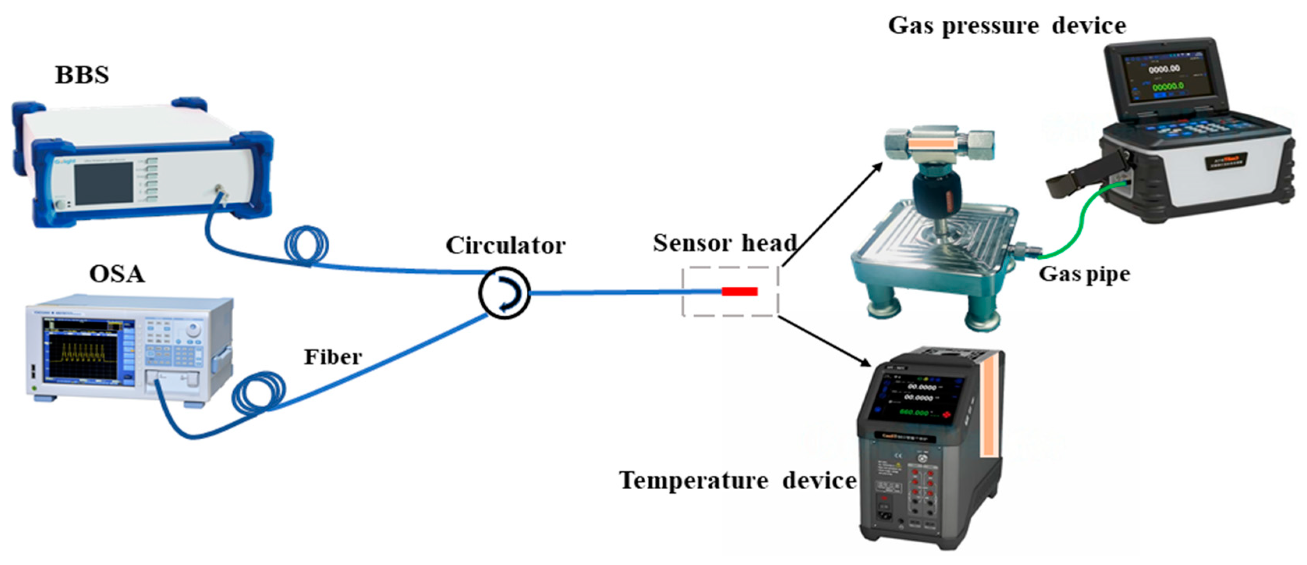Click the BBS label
82,75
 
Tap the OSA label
117,274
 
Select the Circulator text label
505,246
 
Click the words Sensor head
724,243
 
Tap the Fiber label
333,357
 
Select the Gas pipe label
1084,274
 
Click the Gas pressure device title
1007,25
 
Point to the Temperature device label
738,480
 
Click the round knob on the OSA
192,330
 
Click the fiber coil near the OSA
258,393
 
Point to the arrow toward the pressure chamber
832,213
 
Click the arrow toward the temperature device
824,341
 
